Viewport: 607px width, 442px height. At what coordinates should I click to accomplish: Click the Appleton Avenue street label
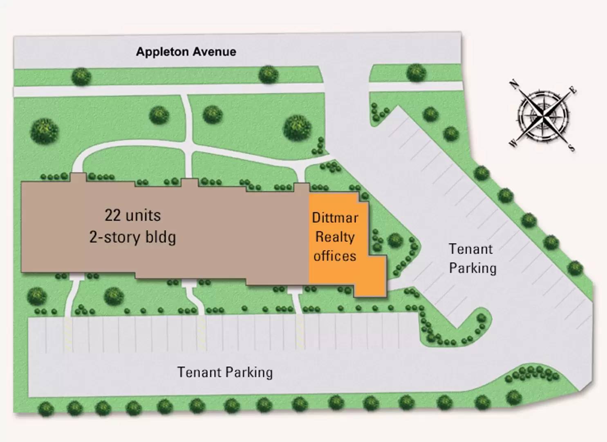186,52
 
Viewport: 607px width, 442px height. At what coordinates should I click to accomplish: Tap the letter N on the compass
513,84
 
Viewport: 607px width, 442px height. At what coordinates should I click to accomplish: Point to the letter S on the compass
571,147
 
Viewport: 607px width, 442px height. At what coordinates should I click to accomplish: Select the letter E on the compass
573,90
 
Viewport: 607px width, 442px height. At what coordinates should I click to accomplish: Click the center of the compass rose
543,116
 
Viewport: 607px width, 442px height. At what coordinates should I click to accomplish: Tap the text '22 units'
133,215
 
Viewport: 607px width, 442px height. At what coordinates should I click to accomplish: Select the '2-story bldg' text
133,237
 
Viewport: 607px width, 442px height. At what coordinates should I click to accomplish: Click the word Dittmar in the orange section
335,218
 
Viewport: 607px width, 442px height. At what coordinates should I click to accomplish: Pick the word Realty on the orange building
335,237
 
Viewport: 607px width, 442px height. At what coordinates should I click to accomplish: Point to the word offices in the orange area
335,256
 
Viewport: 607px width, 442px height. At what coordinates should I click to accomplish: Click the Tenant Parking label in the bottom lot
225,372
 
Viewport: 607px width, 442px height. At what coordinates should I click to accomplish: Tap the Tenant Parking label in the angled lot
473,259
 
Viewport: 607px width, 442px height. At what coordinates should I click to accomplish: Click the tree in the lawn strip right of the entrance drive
416,72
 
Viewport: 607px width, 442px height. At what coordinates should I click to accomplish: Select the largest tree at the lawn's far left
44,131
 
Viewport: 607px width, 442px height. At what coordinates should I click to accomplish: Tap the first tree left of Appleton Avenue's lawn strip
81,77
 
